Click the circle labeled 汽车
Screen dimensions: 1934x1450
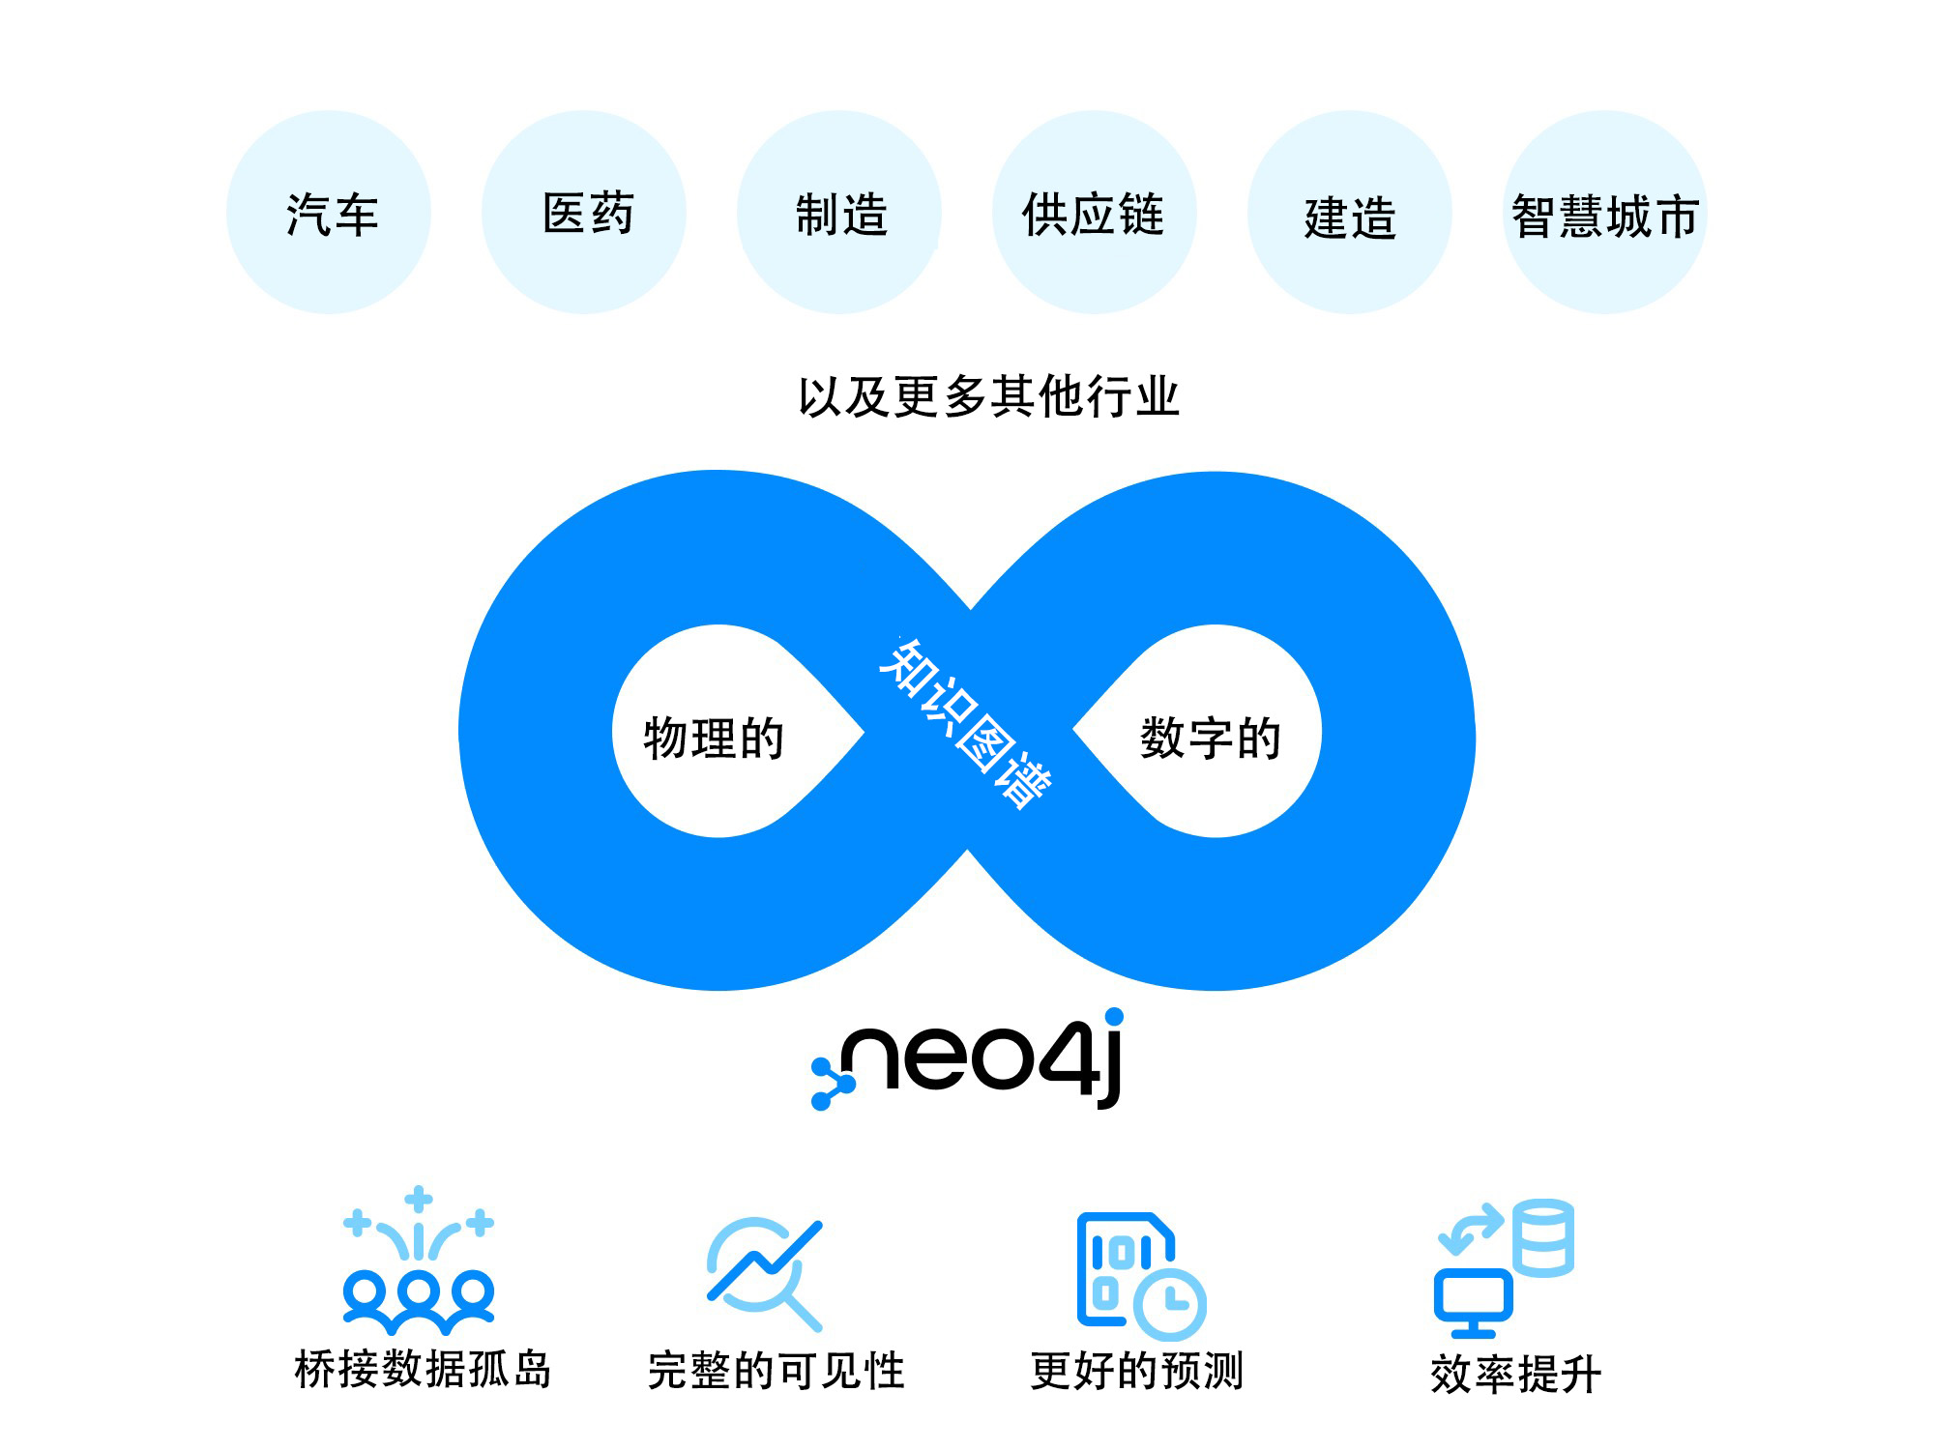click(329, 212)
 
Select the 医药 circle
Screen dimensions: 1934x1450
click(584, 212)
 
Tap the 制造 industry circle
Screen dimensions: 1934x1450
click(839, 212)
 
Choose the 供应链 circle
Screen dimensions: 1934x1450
click(1095, 212)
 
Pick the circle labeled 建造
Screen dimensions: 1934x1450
click(1350, 212)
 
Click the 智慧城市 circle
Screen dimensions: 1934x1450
click(1605, 212)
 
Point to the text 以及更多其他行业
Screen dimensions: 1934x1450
click(988, 396)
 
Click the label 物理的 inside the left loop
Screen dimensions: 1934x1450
click(714, 739)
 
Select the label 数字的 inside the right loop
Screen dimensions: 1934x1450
click(1211, 739)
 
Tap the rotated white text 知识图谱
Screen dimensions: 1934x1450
click(965, 722)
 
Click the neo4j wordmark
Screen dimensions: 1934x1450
click(968, 1059)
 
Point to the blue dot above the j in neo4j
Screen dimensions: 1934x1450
click(1114, 1016)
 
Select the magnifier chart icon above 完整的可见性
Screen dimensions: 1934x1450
click(765, 1274)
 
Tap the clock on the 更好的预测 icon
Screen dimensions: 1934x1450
click(1169, 1303)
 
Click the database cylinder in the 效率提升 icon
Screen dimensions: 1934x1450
click(1543, 1237)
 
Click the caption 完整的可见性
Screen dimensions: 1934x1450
click(776, 1371)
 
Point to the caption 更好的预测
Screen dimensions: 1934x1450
click(1136, 1371)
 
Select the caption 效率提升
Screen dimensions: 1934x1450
click(1515, 1374)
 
